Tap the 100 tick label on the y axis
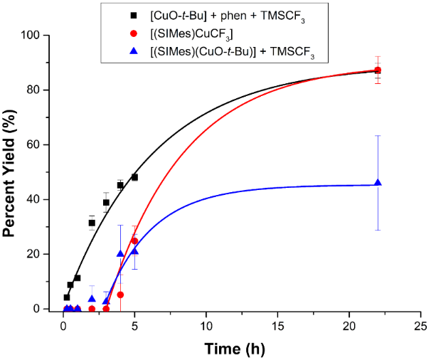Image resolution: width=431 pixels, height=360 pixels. pyautogui.click(x=41, y=35)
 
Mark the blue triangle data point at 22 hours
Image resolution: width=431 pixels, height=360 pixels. pyautogui.click(x=378, y=184)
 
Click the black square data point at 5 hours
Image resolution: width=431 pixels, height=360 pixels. pyautogui.click(x=134, y=177)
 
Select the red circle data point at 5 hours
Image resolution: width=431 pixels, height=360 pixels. pyautogui.click(x=134, y=240)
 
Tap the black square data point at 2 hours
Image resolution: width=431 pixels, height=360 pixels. pyautogui.click(x=92, y=223)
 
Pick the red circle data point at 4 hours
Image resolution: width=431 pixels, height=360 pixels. pyautogui.click(x=120, y=295)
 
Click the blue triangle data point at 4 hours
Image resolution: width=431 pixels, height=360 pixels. pyautogui.click(x=120, y=254)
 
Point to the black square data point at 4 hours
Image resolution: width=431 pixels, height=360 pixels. pyautogui.click(x=120, y=185)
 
